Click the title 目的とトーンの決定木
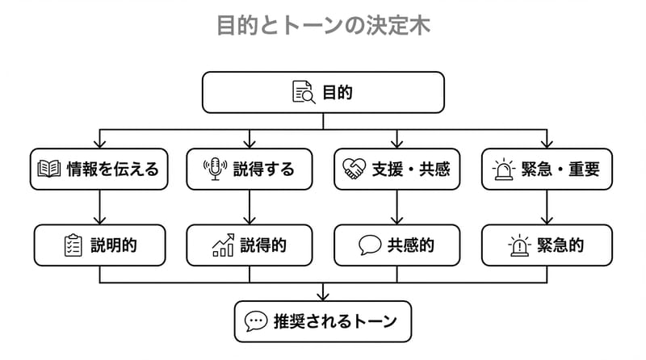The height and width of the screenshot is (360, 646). [323, 25]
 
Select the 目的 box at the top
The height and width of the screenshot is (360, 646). [323, 92]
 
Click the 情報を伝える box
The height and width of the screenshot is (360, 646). [99, 169]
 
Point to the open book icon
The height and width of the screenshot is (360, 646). [49, 170]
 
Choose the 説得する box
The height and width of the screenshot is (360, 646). [249, 169]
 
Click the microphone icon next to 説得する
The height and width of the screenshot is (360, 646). [215, 169]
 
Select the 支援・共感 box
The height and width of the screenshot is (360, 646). [396, 169]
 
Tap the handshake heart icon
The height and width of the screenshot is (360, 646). [353, 170]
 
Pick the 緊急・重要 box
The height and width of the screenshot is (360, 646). [547, 169]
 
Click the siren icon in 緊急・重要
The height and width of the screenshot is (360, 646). [504, 169]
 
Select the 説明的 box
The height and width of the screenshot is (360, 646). [99, 245]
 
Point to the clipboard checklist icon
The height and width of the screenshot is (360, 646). [73, 245]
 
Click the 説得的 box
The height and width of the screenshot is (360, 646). [249, 245]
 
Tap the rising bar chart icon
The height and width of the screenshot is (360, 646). [223, 245]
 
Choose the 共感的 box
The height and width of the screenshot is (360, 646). [396, 245]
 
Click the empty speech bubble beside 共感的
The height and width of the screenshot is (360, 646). [370, 245]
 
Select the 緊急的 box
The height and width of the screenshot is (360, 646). [547, 245]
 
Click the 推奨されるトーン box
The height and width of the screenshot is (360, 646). [323, 321]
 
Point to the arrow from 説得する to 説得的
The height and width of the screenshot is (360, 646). [249, 207]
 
